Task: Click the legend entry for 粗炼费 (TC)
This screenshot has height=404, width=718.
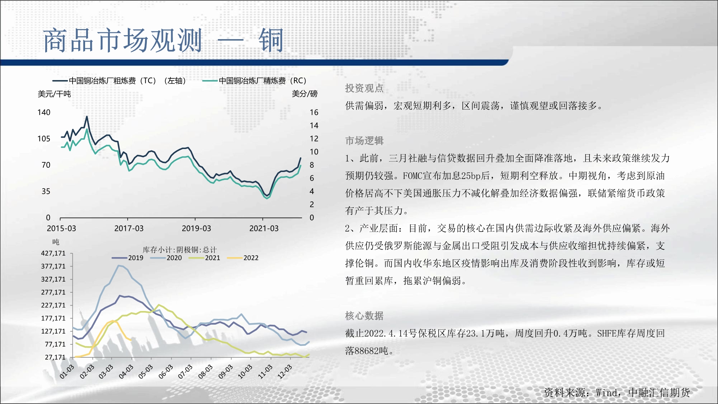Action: (x=120, y=81)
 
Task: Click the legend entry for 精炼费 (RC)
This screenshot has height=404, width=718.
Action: (x=255, y=81)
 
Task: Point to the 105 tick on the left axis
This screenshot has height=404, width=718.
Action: (x=44, y=139)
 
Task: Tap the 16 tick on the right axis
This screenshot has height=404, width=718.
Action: (x=314, y=112)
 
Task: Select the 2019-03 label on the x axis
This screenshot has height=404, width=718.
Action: (x=196, y=228)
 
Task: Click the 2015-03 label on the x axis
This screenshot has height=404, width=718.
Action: (x=61, y=228)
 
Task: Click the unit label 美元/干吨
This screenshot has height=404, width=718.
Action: (x=54, y=94)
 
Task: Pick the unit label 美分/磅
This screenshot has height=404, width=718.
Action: (x=304, y=94)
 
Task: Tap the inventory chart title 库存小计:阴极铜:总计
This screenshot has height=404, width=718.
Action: (x=179, y=250)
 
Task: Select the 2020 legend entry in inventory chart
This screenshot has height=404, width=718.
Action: (x=166, y=258)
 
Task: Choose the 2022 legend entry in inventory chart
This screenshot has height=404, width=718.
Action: (x=243, y=258)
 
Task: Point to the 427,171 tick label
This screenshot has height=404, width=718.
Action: (x=53, y=253)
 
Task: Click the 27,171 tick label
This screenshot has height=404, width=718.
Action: (x=55, y=357)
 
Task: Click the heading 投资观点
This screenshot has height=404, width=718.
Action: (x=364, y=88)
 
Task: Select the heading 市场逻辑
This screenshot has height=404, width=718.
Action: (x=364, y=141)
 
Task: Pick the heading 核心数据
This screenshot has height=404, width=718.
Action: (x=364, y=316)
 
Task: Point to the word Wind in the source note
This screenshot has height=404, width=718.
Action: (x=606, y=393)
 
